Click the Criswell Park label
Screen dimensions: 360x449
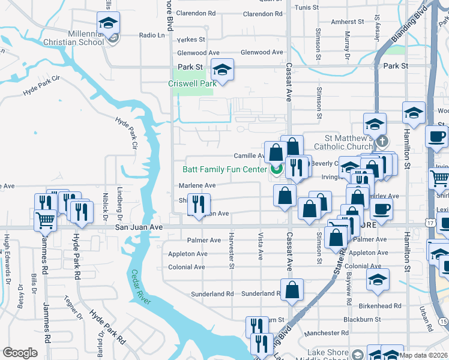pyautogui.click(x=191, y=83)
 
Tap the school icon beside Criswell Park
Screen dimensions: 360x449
pyautogui.click(x=222, y=70)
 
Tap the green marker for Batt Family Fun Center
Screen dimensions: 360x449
pyautogui.click(x=276, y=170)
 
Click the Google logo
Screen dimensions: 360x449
pyautogui.click(x=20, y=353)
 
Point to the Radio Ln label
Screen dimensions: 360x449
pyautogui.click(x=151, y=35)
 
